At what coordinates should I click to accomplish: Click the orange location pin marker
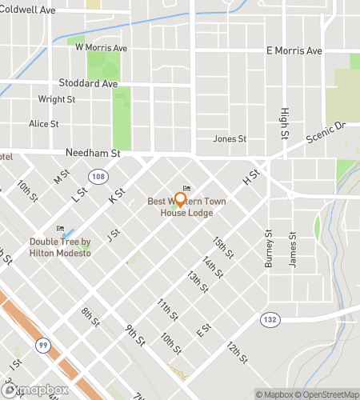point(180,200)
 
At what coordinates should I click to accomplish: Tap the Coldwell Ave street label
point(27,10)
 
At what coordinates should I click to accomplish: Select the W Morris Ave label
point(101,48)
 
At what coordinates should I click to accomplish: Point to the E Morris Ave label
point(293,50)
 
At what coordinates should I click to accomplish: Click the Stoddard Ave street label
point(88,82)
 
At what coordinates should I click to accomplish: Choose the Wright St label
point(56,100)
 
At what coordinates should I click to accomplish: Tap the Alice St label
point(44,124)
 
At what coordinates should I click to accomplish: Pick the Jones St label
point(229,138)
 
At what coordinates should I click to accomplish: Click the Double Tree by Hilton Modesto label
point(61,247)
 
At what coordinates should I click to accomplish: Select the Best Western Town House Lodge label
point(186,207)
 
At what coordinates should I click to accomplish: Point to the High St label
point(284,122)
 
